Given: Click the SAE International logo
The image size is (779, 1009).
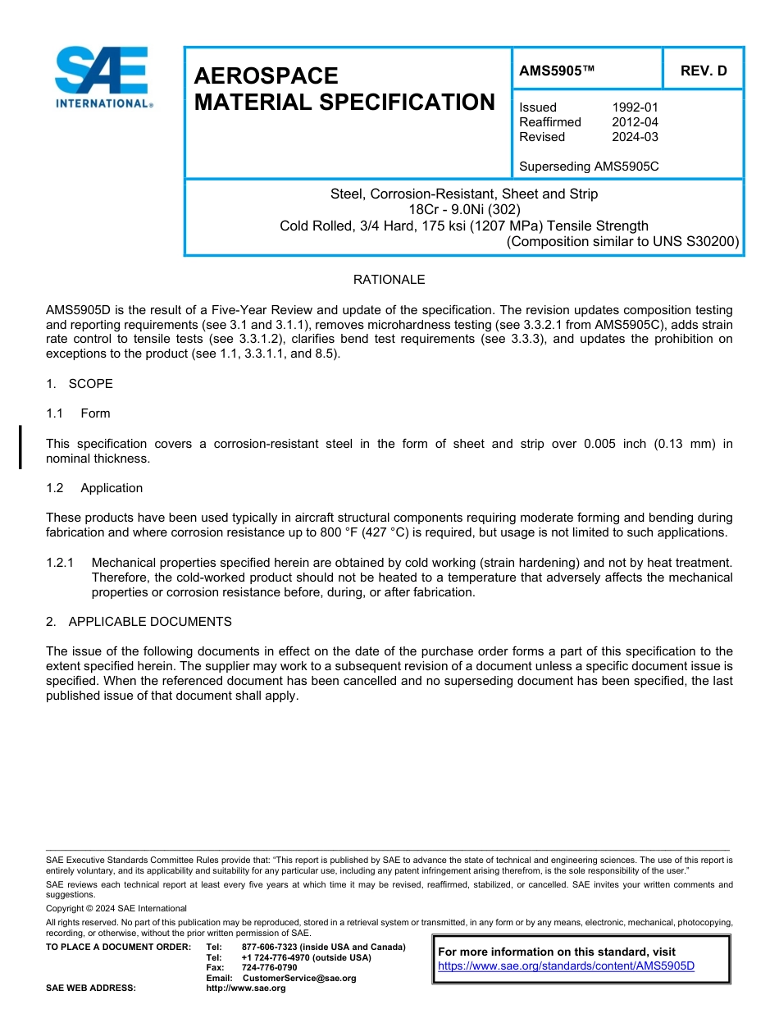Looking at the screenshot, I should point(102,77).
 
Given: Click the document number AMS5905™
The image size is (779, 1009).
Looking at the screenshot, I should point(556,71).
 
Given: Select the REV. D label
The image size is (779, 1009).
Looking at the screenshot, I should point(703,71).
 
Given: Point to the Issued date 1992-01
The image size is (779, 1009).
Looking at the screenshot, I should point(635,107).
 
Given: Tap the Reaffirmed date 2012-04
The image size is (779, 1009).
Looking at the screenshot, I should point(635,122).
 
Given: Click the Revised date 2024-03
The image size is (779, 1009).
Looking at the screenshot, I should point(635,137).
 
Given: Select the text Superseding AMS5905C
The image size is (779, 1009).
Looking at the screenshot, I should point(589,167).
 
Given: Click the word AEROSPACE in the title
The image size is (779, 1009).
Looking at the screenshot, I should point(266,76).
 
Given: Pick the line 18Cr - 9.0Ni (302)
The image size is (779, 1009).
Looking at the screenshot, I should point(463,210).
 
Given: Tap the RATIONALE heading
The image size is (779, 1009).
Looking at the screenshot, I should point(389,280).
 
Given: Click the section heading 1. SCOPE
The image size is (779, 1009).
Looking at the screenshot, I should point(80,384).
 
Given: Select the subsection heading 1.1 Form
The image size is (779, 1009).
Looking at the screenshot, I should point(78,413).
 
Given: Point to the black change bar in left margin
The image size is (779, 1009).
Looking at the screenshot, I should point(20,447).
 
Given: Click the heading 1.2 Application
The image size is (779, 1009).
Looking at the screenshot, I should point(94,488).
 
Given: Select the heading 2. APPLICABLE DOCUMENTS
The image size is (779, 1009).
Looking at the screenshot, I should point(139,622).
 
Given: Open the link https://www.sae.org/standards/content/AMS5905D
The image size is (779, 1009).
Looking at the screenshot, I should point(566,966).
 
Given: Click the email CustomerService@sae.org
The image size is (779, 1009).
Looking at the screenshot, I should point(299,978).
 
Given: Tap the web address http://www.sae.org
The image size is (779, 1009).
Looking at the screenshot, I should point(246,988).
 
